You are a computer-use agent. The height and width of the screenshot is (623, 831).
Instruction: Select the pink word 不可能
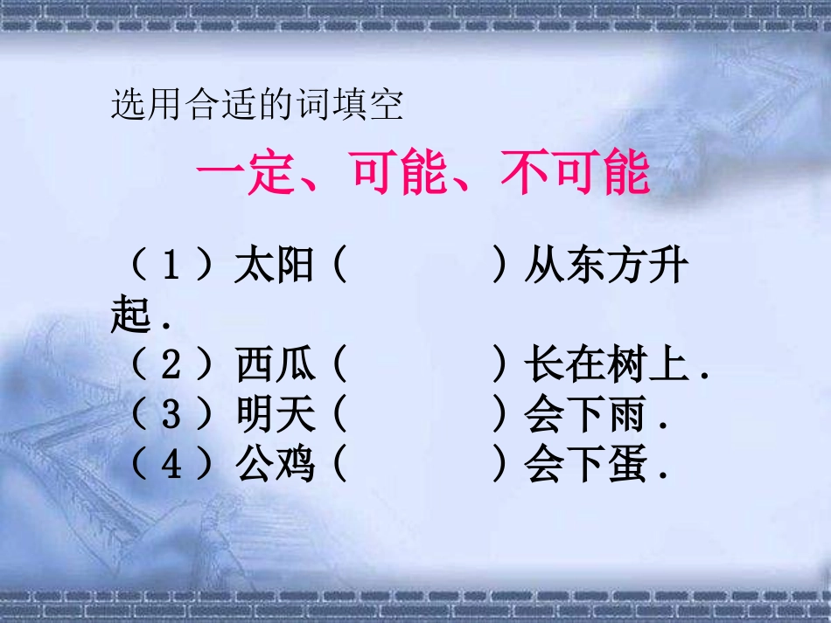tap(575, 174)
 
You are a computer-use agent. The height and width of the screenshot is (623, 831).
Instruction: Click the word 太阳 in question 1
tap(275, 266)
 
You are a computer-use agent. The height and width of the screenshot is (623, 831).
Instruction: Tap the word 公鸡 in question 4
tap(275, 465)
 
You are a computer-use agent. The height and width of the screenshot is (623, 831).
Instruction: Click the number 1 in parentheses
tap(171, 266)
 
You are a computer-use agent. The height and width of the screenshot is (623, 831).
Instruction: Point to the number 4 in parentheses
tap(171, 465)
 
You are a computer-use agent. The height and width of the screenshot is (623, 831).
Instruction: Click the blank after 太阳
tap(418, 266)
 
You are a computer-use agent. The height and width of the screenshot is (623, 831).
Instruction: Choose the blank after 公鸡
tap(418, 465)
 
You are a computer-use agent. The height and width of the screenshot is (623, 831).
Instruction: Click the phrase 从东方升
tap(606, 266)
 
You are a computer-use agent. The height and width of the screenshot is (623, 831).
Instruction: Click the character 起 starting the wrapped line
tap(131, 315)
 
